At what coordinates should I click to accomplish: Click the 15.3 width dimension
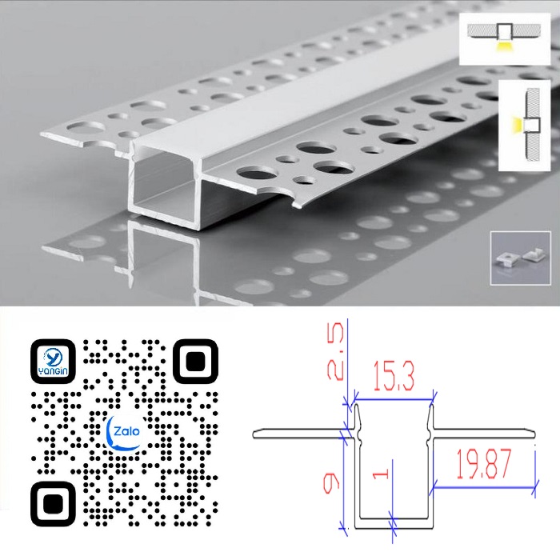tap(394, 375)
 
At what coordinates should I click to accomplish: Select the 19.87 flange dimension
tap(484, 464)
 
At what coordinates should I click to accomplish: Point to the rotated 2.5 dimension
tap(336, 350)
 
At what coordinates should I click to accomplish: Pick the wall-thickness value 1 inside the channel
tap(381, 474)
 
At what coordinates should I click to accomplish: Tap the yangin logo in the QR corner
tap(53, 362)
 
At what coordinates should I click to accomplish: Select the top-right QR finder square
tap(195, 362)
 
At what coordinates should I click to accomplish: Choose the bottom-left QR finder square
tap(53, 504)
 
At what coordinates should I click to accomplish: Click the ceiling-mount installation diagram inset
tap(504, 39)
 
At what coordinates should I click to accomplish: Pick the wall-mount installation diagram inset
tap(524, 125)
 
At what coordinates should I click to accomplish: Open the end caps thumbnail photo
tap(520, 258)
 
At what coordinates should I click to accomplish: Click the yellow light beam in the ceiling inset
tap(504, 46)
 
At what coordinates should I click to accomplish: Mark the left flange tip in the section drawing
tap(254, 434)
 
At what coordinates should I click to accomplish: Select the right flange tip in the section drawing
tap(534, 434)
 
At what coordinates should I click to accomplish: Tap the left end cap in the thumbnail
tap(506, 260)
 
